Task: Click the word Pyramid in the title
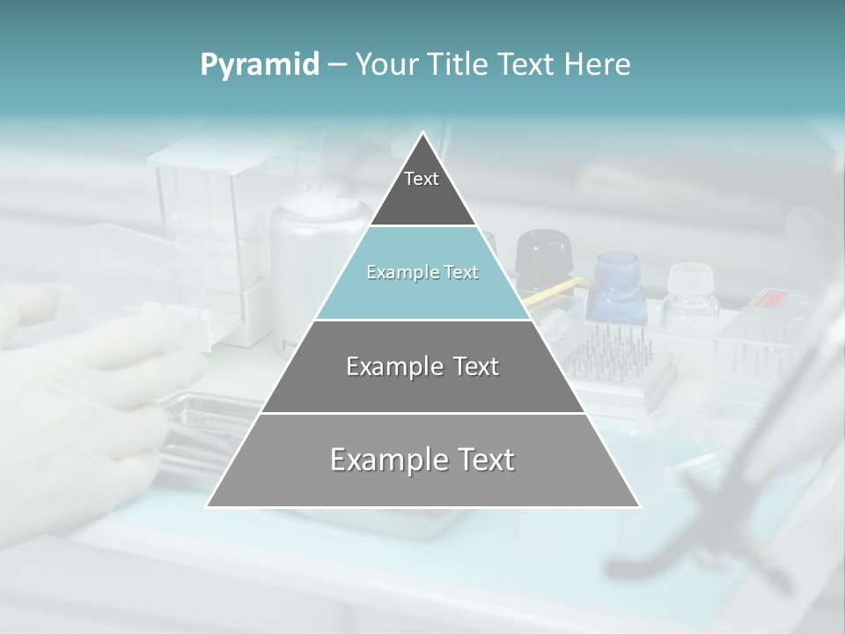tap(259, 65)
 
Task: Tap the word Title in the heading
tap(459, 65)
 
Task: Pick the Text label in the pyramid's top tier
tap(422, 179)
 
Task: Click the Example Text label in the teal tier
tap(422, 272)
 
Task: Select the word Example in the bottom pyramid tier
tap(386, 460)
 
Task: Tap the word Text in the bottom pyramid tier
tap(483, 460)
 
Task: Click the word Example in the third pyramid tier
tap(393, 366)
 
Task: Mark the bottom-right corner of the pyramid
tap(639, 506)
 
